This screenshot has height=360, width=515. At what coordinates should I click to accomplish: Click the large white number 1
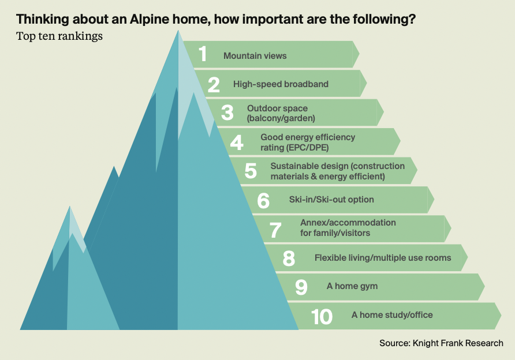(203, 54)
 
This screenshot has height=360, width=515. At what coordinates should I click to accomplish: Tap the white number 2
(214, 84)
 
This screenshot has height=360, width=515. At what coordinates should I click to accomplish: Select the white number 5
(251, 171)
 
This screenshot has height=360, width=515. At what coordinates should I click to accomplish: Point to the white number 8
(289, 258)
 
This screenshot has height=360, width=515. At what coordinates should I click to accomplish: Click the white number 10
(322, 317)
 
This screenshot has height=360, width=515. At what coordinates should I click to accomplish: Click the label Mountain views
(255, 56)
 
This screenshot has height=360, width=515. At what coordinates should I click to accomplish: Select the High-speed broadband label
(281, 84)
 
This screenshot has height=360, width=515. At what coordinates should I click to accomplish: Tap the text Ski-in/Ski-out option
(331, 200)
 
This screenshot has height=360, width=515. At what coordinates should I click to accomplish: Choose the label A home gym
(352, 286)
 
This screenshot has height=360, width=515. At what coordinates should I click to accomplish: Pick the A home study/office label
(392, 315)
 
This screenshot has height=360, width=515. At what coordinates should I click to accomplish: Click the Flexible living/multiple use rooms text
(383, 258)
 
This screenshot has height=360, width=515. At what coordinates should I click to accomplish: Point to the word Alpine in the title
(150, 20)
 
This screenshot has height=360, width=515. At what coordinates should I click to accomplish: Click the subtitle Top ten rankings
(59, 36)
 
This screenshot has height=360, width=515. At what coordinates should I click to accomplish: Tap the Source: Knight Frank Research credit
(442, 343)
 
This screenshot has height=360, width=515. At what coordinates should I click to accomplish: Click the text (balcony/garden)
(281, 118)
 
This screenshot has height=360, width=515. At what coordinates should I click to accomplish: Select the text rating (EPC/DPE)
(294, 148)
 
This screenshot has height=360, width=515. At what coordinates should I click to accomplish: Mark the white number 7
(275, 230)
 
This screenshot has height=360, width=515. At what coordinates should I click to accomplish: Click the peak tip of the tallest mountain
(178, 31)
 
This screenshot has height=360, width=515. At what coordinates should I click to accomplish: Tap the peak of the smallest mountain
(70, 207)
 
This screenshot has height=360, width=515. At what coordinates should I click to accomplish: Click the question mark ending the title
(412, 19)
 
